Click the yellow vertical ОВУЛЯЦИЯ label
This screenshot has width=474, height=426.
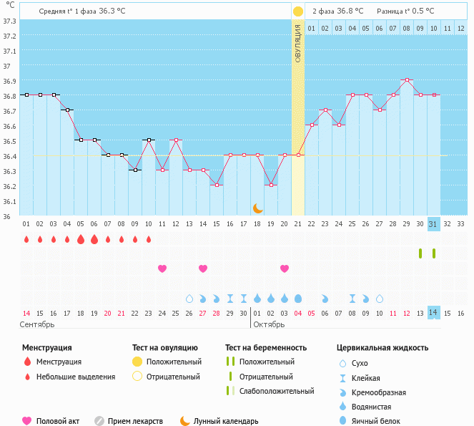point(298,43)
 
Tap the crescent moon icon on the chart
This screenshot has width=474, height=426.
point(258,208)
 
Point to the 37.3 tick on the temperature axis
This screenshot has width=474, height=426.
point(9,21)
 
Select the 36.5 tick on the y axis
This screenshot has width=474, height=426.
point(9,141)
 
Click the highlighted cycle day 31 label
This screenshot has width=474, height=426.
point(433,224)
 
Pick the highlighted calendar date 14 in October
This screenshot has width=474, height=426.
point(433,313)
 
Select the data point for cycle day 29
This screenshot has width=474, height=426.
point(406,80)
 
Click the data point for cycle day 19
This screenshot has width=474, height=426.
point(270,185)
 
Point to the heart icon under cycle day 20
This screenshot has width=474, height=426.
point(285,268)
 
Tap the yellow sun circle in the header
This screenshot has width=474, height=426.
point(298,11)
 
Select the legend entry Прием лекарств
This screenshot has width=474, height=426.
point(135,422)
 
